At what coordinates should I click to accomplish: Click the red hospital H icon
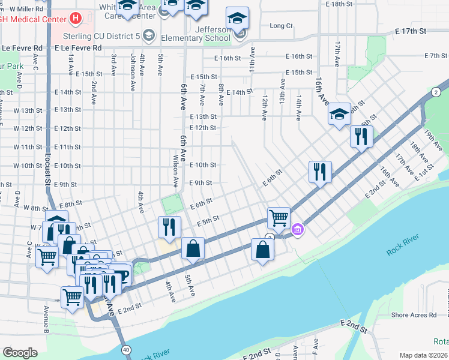pyautogui.click(x=75, y=19)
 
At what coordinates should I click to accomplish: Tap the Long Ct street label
pyautogui.click(x=281, y=26)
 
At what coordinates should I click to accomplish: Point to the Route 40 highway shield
pyautogui.click(x=125, y=349)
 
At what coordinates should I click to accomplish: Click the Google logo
pyautogui.click(x=20, y=353)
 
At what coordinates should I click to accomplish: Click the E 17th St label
pyautogui.click(x=410, y=31)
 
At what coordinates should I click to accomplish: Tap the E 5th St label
pyautogui.click(x=207, y=221)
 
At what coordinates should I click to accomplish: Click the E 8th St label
pyautogui.click(x=70, y=205)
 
